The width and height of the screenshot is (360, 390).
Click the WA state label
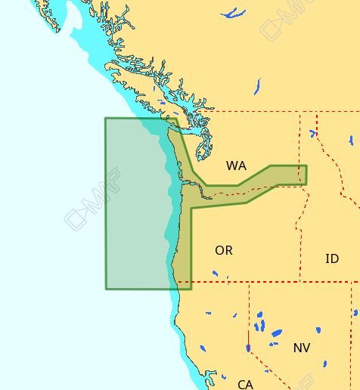point(236,166)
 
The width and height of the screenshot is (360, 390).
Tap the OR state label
point(224,250)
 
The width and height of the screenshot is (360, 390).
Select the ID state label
point(331,258)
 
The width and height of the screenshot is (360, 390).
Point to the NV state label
point(301,348)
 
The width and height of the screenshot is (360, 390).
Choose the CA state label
point(245,385)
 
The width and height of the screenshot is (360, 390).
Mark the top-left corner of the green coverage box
point(106,119)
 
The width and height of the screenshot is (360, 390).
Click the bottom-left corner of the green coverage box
point(106,288)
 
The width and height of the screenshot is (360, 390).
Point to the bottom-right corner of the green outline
point(191,288)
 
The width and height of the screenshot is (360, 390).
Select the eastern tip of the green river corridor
point(306,175)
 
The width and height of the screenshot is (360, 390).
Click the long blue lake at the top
point(233,13)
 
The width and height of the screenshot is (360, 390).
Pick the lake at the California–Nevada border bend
point(248,348)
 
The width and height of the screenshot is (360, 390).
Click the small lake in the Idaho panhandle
point(312,134)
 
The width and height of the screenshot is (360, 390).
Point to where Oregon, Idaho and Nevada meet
point(300,283)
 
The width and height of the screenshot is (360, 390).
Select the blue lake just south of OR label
point(215,274)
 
